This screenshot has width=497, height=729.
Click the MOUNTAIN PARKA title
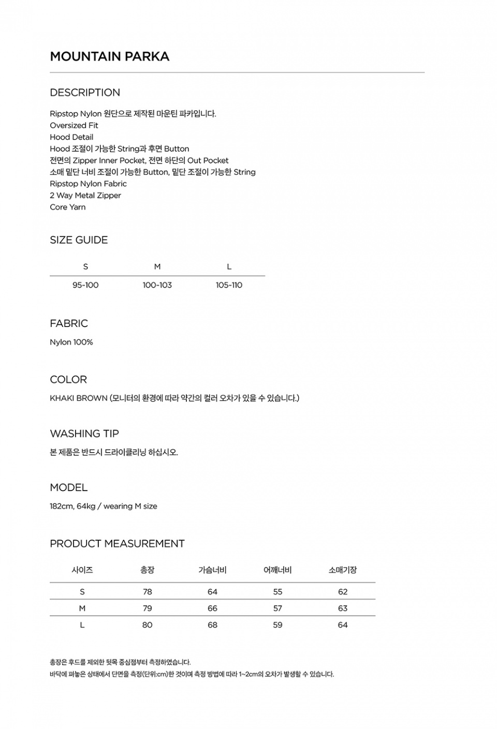click(109, 56)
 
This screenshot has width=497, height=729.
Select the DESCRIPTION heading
click(85, 93)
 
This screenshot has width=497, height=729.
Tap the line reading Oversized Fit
click(74, 125)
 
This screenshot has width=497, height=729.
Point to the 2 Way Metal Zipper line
click(85, 195)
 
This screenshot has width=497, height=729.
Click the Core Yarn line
click(68, 207)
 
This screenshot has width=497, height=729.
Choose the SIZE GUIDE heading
click(79, 240)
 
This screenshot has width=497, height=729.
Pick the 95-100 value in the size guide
click(85, 285)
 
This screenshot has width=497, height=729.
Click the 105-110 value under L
click(229, 285)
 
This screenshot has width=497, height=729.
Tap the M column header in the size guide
click(157, 267)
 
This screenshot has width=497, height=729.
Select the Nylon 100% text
click(71, 342)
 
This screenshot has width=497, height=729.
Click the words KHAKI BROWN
click(79, 398)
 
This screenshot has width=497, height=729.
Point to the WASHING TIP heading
click(84, 434)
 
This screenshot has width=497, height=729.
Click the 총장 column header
click(148, 570)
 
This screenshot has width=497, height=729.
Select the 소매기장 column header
click(343, 570)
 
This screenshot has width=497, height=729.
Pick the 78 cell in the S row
click(148, 592)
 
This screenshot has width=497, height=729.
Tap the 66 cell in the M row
click(212, 608)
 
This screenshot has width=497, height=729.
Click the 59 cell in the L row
click(277, 625)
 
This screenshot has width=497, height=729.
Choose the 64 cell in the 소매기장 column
click(343, 625)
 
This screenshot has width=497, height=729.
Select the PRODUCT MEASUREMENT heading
click(117, 544)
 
